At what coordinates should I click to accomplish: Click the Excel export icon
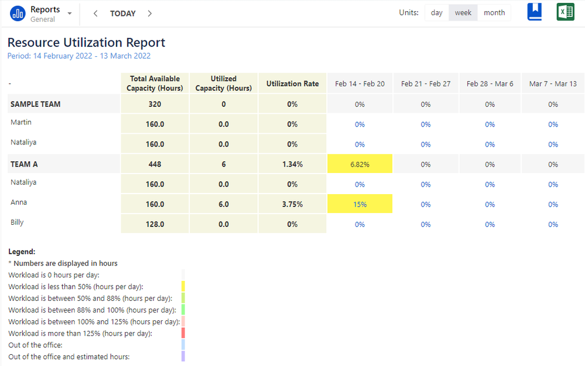pos(565,12)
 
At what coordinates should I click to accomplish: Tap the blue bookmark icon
pos(535,12)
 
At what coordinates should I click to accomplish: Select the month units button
pos(494,13)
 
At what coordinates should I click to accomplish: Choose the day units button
pos(437,13)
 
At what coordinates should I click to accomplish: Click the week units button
pos(463,13)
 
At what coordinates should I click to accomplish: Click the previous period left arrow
pos(95,13)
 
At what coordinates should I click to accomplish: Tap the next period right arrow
pos(150,13)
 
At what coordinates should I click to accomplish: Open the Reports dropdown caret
pos(70,13)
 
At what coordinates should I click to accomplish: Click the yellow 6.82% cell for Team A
pos(360,165)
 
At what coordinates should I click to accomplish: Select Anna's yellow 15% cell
pos(360,205)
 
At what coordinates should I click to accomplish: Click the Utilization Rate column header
pos(292,84)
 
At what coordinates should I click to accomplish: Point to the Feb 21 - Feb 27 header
pos(426,84)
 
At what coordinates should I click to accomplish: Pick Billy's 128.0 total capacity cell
pos(155,225)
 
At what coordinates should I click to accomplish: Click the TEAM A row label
pos(24,164)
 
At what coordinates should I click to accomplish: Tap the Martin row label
pos(21,123)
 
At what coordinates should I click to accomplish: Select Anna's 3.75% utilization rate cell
pos(292,205)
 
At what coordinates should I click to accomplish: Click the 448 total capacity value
pos(155,165)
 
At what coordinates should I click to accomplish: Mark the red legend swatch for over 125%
pos(183,333)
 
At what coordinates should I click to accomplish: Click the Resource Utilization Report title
pos(86,43)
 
